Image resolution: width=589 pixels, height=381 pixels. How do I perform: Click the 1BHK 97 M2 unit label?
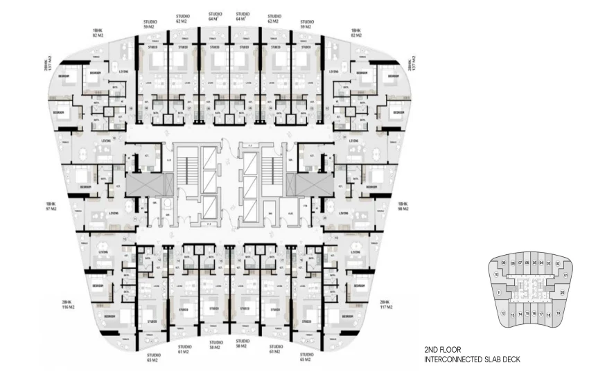pyautogui.click(x=51, y=206)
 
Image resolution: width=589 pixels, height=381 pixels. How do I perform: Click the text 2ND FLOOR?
pyautogui.click(x=443, y=351)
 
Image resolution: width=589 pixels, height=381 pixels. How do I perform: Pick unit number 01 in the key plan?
pyautogui.click(x=566, y=275)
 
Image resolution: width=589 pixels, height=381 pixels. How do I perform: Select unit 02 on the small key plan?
pyautogui.click(x=557, y=264)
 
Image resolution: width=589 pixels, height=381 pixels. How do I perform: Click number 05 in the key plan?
pyautogui.click(x=534, y=263)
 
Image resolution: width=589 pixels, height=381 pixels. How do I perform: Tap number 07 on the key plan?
pyautogui.click(x=520, y=263)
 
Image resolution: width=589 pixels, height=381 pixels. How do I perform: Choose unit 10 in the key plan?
pyautogui.click(x=497, y=275)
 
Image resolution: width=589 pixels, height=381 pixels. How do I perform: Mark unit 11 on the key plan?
pyautogui.click(x=499, y=292)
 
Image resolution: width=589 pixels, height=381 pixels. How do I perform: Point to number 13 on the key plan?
pyautogui.click(x=512, y=315)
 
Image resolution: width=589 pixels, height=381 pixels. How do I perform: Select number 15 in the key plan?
pyautogui.click(x=527, y=314)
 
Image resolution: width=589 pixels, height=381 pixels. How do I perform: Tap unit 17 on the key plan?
pyautogui.click(x=540, y=314)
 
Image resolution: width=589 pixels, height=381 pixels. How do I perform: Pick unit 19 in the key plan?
pyautogui.click(x=558, y=313)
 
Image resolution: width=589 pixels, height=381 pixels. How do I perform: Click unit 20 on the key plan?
pyautogui.click(x=563, y=292)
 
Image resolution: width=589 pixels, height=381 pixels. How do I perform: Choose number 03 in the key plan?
pyautogui.click(x=548, y=263)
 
